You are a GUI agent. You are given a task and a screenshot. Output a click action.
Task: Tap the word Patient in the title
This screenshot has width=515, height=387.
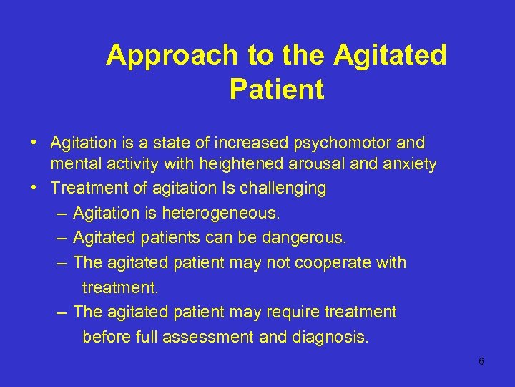pyautogui.click(x=277, y=90)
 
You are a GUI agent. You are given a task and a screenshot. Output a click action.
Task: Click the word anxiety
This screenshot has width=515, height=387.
pyautogui.click(x=409, y=164)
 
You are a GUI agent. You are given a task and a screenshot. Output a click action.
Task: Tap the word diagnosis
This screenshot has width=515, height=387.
pyautogui.click(x=330, y=336)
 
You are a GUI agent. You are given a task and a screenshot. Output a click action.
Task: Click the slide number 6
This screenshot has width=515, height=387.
pyautogui.click(x=481, y=361)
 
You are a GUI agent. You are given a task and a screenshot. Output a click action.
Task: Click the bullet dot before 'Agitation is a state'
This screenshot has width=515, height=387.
pyautogui.click(x=34, y=143)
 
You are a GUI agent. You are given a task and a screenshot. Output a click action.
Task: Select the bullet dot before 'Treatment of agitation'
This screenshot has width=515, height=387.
pyautogui.click(x=34, y=188)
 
